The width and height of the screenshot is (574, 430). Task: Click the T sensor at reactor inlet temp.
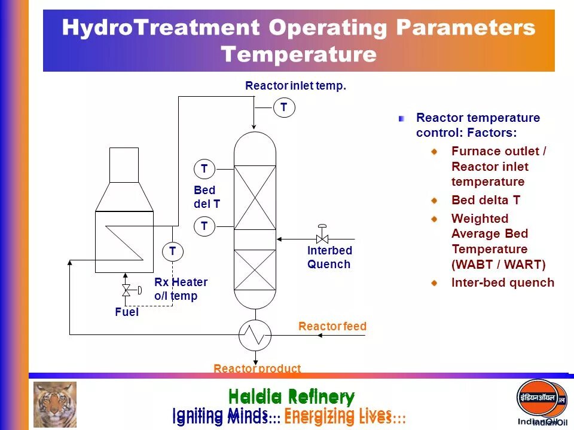(x=284, y=108)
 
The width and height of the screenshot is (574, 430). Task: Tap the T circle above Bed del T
(x=204, y=170)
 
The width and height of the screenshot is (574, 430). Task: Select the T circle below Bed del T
(x=204, y=226)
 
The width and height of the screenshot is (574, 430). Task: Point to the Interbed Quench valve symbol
(x=322, y=235)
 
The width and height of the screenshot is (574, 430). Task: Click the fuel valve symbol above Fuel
(x=126, y=290)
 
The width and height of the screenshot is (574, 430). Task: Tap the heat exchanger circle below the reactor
(x=255, y=336)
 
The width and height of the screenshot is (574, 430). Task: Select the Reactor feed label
(x=332, y=327)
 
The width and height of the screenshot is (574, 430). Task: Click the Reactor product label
(x=257, y=368)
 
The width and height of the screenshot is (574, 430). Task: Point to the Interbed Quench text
(x=329, y=257)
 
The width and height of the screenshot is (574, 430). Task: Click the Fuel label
(x=127, y=312)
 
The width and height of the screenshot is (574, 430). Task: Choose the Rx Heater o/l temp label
(x=181, y=289)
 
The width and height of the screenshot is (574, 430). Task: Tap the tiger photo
(x=54, y=404)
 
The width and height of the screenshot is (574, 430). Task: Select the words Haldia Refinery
(x=291, y=397)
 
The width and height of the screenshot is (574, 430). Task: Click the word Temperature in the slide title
(x=299, y=55)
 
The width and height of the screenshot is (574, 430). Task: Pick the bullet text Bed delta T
(x=486, y=200)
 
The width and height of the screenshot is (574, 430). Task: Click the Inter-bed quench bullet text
(x=502, y=282)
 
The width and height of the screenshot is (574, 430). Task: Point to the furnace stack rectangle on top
(x=124, y=165)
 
